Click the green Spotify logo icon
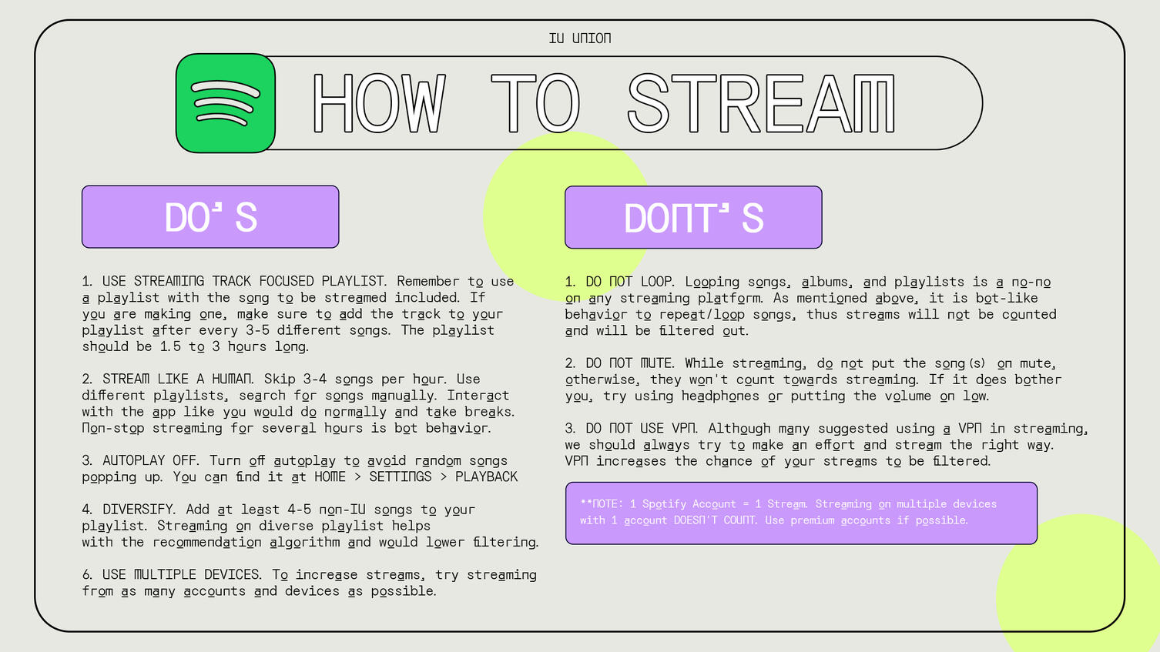click(225, 103)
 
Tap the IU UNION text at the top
click(580, 38)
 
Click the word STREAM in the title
click(762, 103)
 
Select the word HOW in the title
click(379, 103)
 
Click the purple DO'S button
click(210, 217)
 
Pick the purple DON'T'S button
click(693, 217)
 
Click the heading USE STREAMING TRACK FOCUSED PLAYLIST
click(243, 281)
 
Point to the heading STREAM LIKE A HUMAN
click(178, 379)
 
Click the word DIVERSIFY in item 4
click(139, 509)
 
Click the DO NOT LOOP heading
click(629, 282)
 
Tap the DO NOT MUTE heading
click(629, 363)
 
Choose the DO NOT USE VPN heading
click(641, 428)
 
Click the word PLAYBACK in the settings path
click(486, 476)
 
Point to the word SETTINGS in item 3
click(401, 476)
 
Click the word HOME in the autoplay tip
click(330, 476)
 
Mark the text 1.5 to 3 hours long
click(234, 346)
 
